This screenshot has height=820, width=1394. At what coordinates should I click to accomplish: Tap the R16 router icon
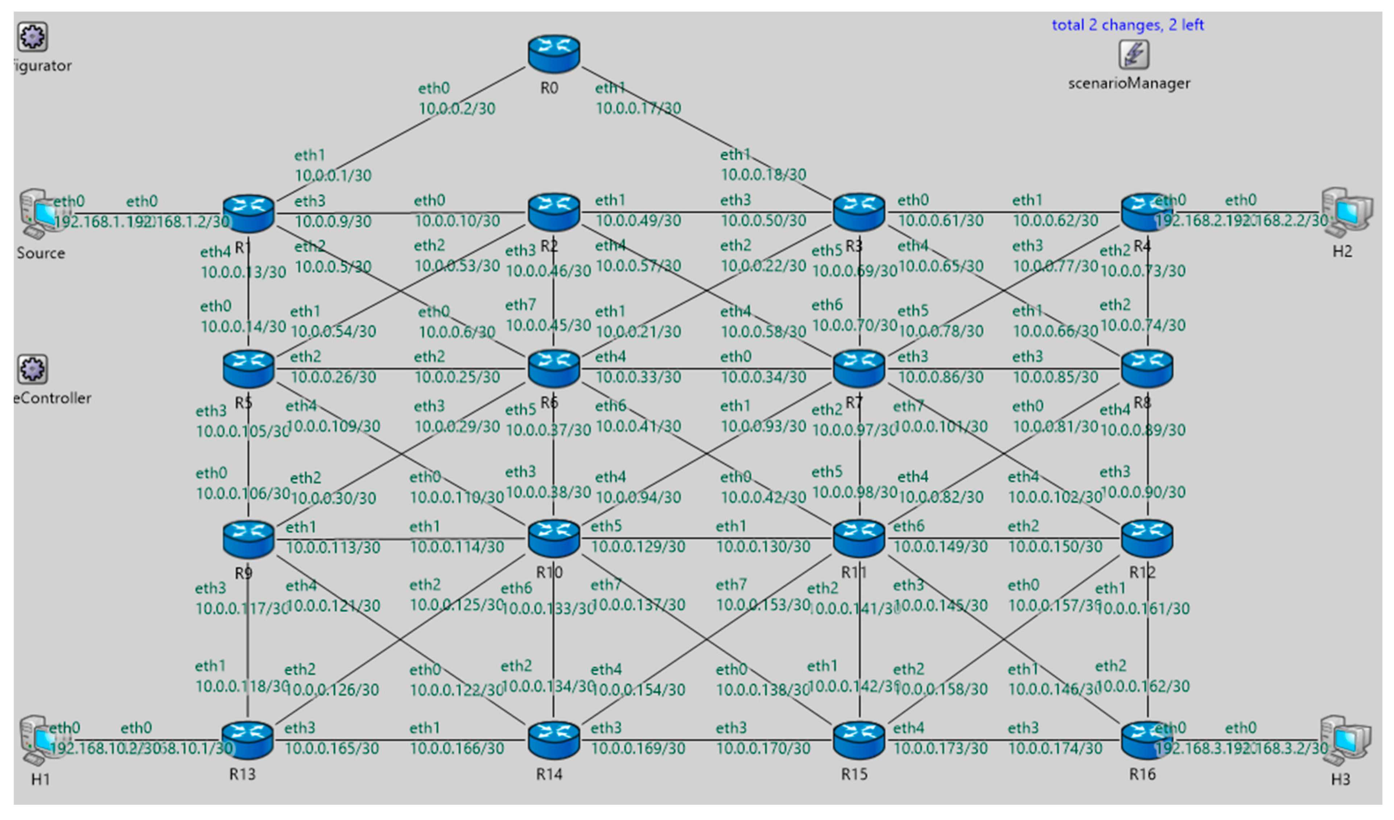1147,740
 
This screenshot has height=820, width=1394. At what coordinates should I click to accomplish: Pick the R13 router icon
247,740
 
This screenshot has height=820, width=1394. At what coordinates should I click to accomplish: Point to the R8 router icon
1147,368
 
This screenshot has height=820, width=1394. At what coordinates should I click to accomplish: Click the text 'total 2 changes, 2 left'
1127,25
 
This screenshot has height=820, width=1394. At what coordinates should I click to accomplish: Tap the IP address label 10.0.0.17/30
638,108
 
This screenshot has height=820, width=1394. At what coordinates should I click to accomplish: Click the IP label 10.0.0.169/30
638,749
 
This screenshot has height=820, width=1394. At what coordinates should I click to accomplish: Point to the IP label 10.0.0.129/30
638,547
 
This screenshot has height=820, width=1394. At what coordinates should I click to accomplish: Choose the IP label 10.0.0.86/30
940,377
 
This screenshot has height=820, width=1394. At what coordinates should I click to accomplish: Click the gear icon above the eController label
32,369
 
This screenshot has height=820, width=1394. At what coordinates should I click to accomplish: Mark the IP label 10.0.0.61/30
940,221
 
